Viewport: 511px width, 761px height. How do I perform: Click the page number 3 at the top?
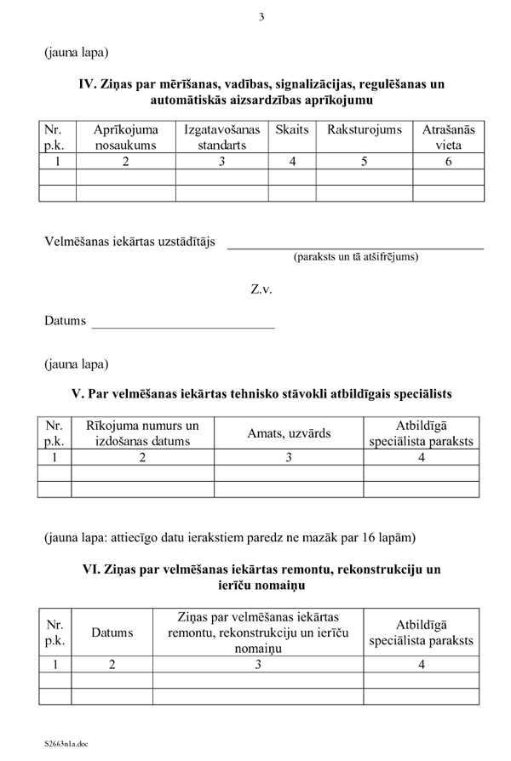click(261, 17)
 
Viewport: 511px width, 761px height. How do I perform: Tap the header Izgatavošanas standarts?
click(221, 137)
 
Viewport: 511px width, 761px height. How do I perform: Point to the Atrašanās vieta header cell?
click(448, 137)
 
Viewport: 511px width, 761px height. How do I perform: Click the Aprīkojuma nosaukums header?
click(125, 137)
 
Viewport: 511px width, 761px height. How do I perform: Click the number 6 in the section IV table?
click(448, 161)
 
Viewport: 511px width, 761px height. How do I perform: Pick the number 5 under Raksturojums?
click(364, 161)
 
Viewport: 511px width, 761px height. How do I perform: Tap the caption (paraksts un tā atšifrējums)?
click(355, 256)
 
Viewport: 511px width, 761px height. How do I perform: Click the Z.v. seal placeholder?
click(261, 289)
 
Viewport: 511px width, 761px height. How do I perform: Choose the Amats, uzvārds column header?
click(288, 433)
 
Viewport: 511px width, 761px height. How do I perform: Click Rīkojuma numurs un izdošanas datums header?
click(142, 433)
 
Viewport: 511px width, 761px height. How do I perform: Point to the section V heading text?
click(261, 394)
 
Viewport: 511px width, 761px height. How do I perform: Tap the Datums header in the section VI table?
click(112, 632)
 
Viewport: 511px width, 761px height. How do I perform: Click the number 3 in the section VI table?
click(258, 665)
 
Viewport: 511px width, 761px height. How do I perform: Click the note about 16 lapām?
click(230, 537)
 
